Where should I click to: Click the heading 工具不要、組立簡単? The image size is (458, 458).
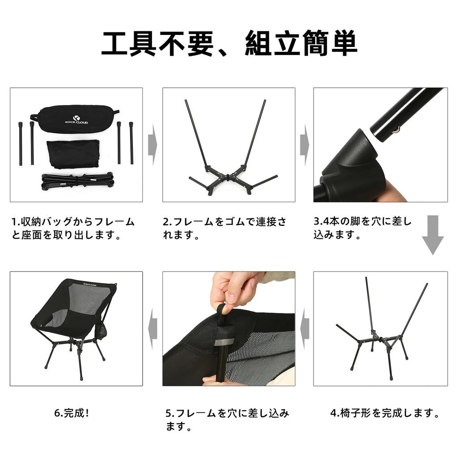(229, 43)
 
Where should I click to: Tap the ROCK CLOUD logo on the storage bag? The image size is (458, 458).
(76, 120)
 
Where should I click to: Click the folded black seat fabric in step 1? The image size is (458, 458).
(73, 154)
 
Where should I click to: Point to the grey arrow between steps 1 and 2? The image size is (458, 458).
(153, 145)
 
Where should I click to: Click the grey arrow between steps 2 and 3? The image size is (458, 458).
(304, 145)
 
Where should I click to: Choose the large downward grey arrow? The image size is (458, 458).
(433, 235)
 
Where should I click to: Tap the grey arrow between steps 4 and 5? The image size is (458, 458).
(305, 329)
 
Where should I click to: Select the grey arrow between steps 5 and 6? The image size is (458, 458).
(153, 329)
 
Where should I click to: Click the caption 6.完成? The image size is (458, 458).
(72, 413)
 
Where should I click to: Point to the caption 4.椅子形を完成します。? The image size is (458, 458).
(385, 413)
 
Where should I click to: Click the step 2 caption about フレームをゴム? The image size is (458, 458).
(225, 228)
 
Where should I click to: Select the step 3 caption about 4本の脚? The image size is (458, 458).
(362, 228)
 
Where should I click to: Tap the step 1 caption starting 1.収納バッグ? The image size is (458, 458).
(73, 228)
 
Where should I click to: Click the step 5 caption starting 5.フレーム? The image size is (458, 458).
(227, 420)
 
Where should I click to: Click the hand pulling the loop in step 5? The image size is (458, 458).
(233, 290)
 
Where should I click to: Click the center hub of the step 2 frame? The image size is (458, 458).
(229, 176)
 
